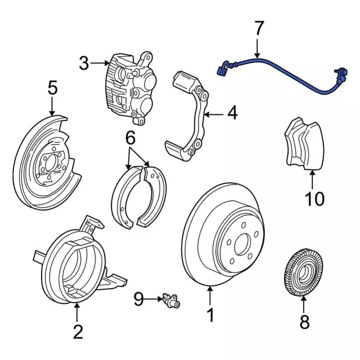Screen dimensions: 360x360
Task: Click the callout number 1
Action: coord(210,315)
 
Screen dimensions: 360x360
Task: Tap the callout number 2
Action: coord(78,331)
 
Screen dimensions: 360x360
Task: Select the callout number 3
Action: coord(84,63)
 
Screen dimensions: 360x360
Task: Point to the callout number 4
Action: coord(232,114)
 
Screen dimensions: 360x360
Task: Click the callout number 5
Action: coord(52,88)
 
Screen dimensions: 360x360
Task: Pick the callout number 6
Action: coord(130,137)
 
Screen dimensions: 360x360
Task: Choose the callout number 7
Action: coord(258,28)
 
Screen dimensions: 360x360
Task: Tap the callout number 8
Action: coord(304,323)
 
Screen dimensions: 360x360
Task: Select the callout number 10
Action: coord(315,198)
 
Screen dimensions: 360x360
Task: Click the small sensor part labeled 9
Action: coord(170,300)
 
